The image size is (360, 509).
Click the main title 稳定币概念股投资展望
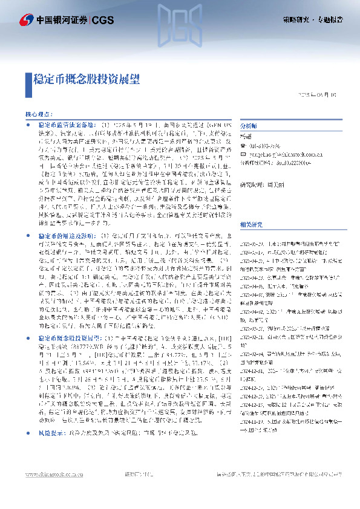point(87,79)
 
